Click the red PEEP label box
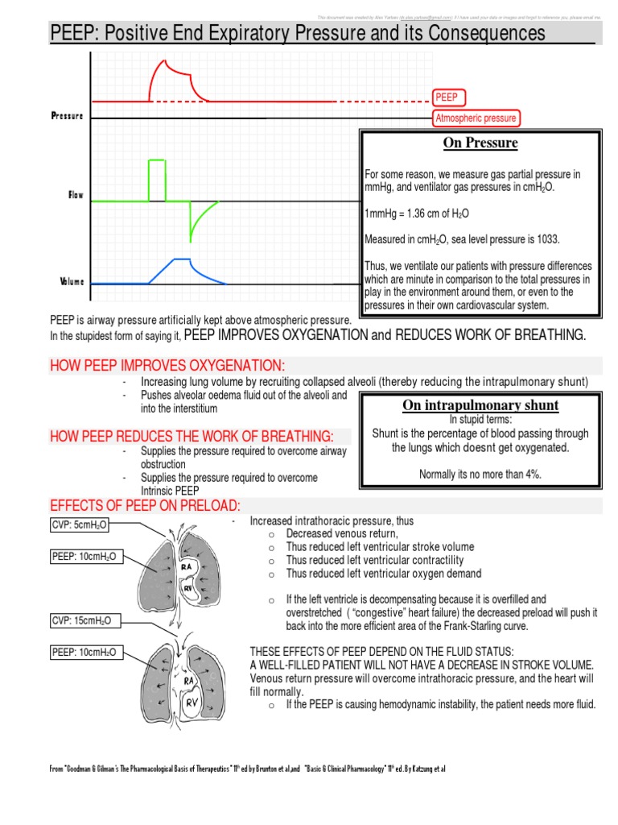446,97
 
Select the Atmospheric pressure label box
476,118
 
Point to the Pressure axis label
67,116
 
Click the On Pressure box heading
480,143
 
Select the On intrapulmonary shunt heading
481,405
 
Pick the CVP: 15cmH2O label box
80,620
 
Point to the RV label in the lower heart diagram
192,702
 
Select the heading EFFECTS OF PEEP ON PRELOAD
146,505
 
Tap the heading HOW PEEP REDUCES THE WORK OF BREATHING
193,437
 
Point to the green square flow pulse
156,180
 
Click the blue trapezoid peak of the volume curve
181,259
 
